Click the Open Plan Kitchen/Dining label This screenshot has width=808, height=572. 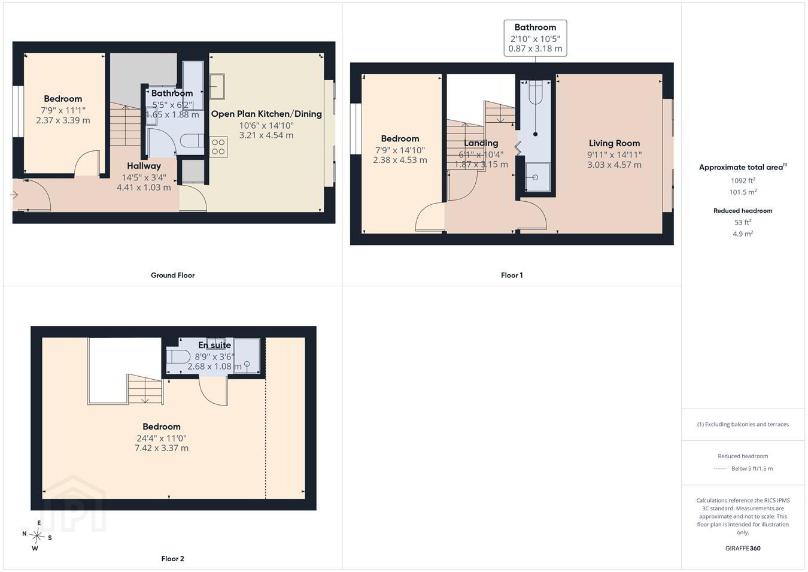[x=266, y=114]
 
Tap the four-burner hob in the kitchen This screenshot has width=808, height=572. [x=218, y=147]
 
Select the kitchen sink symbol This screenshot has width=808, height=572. [x=217, y=87]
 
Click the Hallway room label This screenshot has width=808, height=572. [x=144, y=166]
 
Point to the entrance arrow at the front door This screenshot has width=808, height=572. [x=14, y=195]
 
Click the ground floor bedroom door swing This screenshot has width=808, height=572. [x=87, y=163]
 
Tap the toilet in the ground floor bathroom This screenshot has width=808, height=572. [x=191, y=141]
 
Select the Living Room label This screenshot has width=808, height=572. [x=614, y=143]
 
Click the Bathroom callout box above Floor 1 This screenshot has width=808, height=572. [x=535, y=38]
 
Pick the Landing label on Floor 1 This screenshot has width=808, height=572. [x=481, y=143]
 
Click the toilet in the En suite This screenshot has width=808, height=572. [x=178, y=357]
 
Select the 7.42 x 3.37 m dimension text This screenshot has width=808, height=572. [x=162, y=448]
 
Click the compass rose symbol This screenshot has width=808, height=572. [x=37, y=535]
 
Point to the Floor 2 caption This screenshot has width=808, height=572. [x=172, y=559]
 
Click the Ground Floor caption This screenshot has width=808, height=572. [x=172, y=276]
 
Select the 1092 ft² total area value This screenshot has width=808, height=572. [x=743, y=180]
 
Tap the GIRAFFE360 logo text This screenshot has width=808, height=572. [x=743, y=548]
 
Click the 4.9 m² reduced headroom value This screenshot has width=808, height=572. [x=743, y=234]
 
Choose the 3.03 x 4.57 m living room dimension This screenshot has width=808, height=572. [x=614, y=165]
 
